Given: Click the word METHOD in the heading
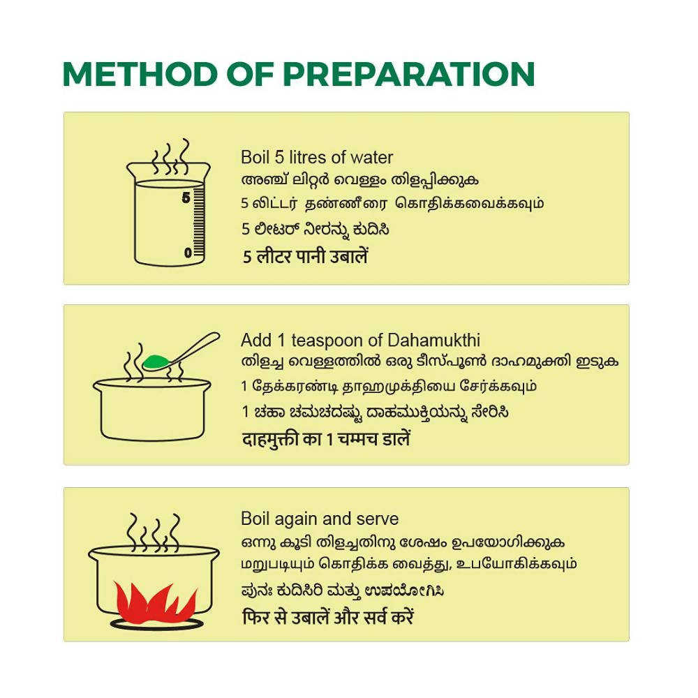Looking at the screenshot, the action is [x=140, y=74].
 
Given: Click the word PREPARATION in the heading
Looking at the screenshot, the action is [x=408, y=74].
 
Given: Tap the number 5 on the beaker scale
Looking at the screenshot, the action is [x=186, y=198].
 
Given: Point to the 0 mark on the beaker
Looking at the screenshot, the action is [x=188, y=253].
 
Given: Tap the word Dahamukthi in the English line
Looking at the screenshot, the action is [x=434, y=341].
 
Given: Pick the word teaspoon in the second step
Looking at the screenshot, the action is [x=329, y=341].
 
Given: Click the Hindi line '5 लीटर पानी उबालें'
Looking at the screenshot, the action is [x=306, y=256].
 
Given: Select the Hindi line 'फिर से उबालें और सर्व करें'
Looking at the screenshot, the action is [x=328, y=617].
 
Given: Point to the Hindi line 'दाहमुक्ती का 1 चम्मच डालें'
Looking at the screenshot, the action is [x=326, y=439].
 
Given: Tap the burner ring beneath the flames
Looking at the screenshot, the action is [x=156, y=624].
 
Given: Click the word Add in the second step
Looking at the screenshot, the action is [x=256, y=341].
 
